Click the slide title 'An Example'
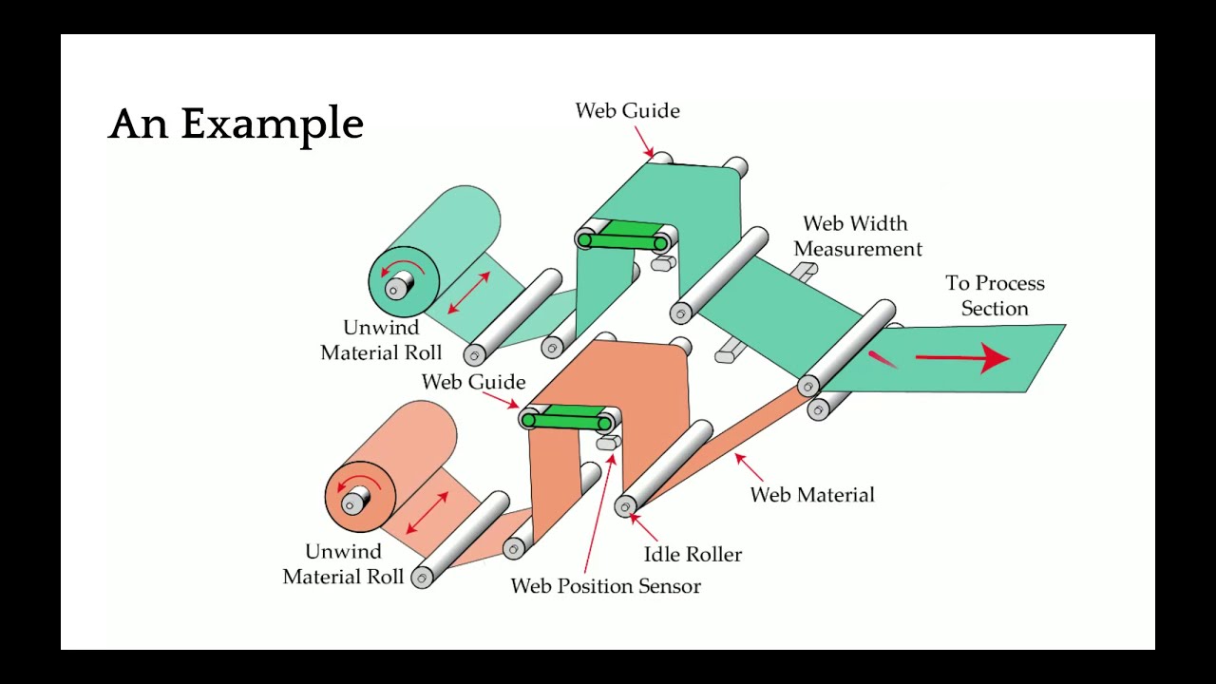pos(236,124)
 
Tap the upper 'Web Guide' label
pos(627,111)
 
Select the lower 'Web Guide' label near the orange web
pos(473,382)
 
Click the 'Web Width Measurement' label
pos(857,237)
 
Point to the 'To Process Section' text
pos(995,295)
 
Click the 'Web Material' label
pos(812,495)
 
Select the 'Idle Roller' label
pos(693,555)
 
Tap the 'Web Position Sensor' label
pos(605,586)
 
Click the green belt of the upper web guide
pos(622,236)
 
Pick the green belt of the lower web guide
pos(566,416)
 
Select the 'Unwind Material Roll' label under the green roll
pos(381,340)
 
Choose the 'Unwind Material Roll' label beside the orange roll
pos(343,564)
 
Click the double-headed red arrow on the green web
pos(468,293)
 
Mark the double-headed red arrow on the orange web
pos(427,513)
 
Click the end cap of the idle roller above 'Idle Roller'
pos(625,507)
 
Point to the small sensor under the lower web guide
pos(607,443)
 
